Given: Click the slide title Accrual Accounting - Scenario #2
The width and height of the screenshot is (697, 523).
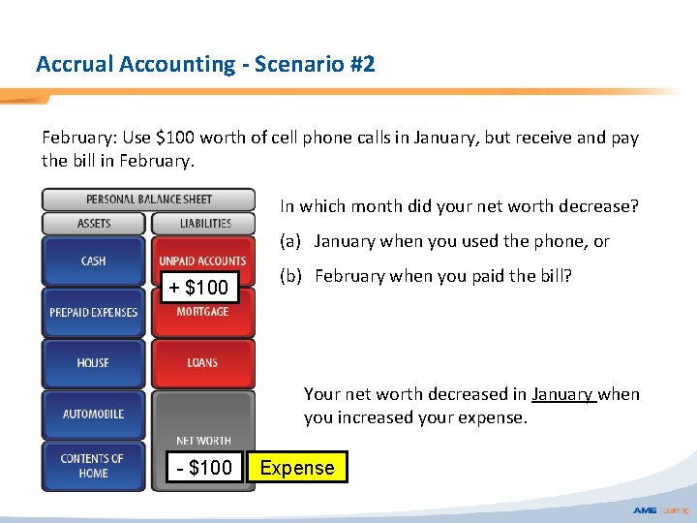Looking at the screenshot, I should (x=205, y=65).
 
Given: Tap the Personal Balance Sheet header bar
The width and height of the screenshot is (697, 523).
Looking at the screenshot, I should (x=148, y=200).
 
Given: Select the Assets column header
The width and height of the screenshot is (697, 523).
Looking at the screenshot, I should (x=94, y=224).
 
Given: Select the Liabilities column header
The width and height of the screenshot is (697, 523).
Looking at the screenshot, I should (x=204, y=224).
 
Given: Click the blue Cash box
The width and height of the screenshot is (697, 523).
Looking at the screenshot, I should (x=94, y=261).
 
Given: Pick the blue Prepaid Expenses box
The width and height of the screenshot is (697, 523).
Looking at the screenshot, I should (x=94, y=313).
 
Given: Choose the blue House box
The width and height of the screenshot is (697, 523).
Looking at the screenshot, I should (x=94, y=363).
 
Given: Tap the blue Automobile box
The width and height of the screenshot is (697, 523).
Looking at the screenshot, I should (x=94, y=415).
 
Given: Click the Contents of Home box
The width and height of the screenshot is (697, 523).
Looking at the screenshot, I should (x=94, y=466).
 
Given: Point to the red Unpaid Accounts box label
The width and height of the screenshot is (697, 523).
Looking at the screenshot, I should (x=203, y=261).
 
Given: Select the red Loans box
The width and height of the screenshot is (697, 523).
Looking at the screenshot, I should (x=203, y=363).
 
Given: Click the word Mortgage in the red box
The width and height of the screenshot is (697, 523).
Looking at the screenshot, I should (x=203, y=312).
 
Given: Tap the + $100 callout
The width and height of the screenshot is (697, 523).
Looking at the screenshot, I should (x=199, y=288).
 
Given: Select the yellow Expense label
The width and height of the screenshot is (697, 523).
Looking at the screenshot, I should (x=297, y=468).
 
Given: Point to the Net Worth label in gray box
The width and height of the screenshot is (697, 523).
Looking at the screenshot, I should (x=203, y=441).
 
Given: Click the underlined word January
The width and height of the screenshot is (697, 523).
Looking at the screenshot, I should (x=562, y=394).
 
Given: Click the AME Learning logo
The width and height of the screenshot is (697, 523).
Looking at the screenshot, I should (x=660, y=510).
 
